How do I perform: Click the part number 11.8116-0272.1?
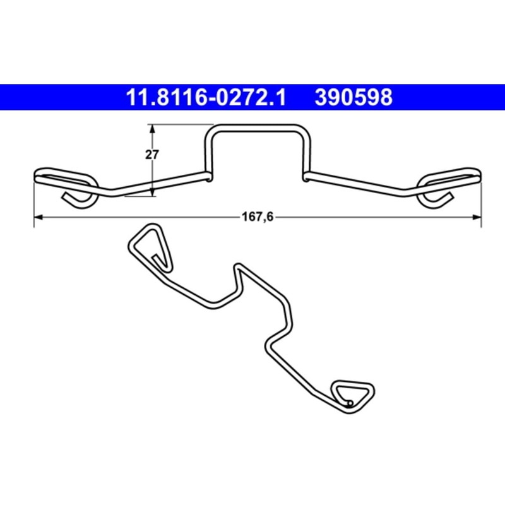click(x=207, y=98)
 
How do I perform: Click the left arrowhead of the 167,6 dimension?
click(x=37, y=217)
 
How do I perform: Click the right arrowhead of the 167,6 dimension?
click(x=477, y=217)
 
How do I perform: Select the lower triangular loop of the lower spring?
click(x=352, y=396)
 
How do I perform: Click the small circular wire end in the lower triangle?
click(x=350, y=403)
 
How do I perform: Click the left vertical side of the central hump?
click(x=209, y=151)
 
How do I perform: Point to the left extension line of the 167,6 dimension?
click(x=32, y=199)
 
